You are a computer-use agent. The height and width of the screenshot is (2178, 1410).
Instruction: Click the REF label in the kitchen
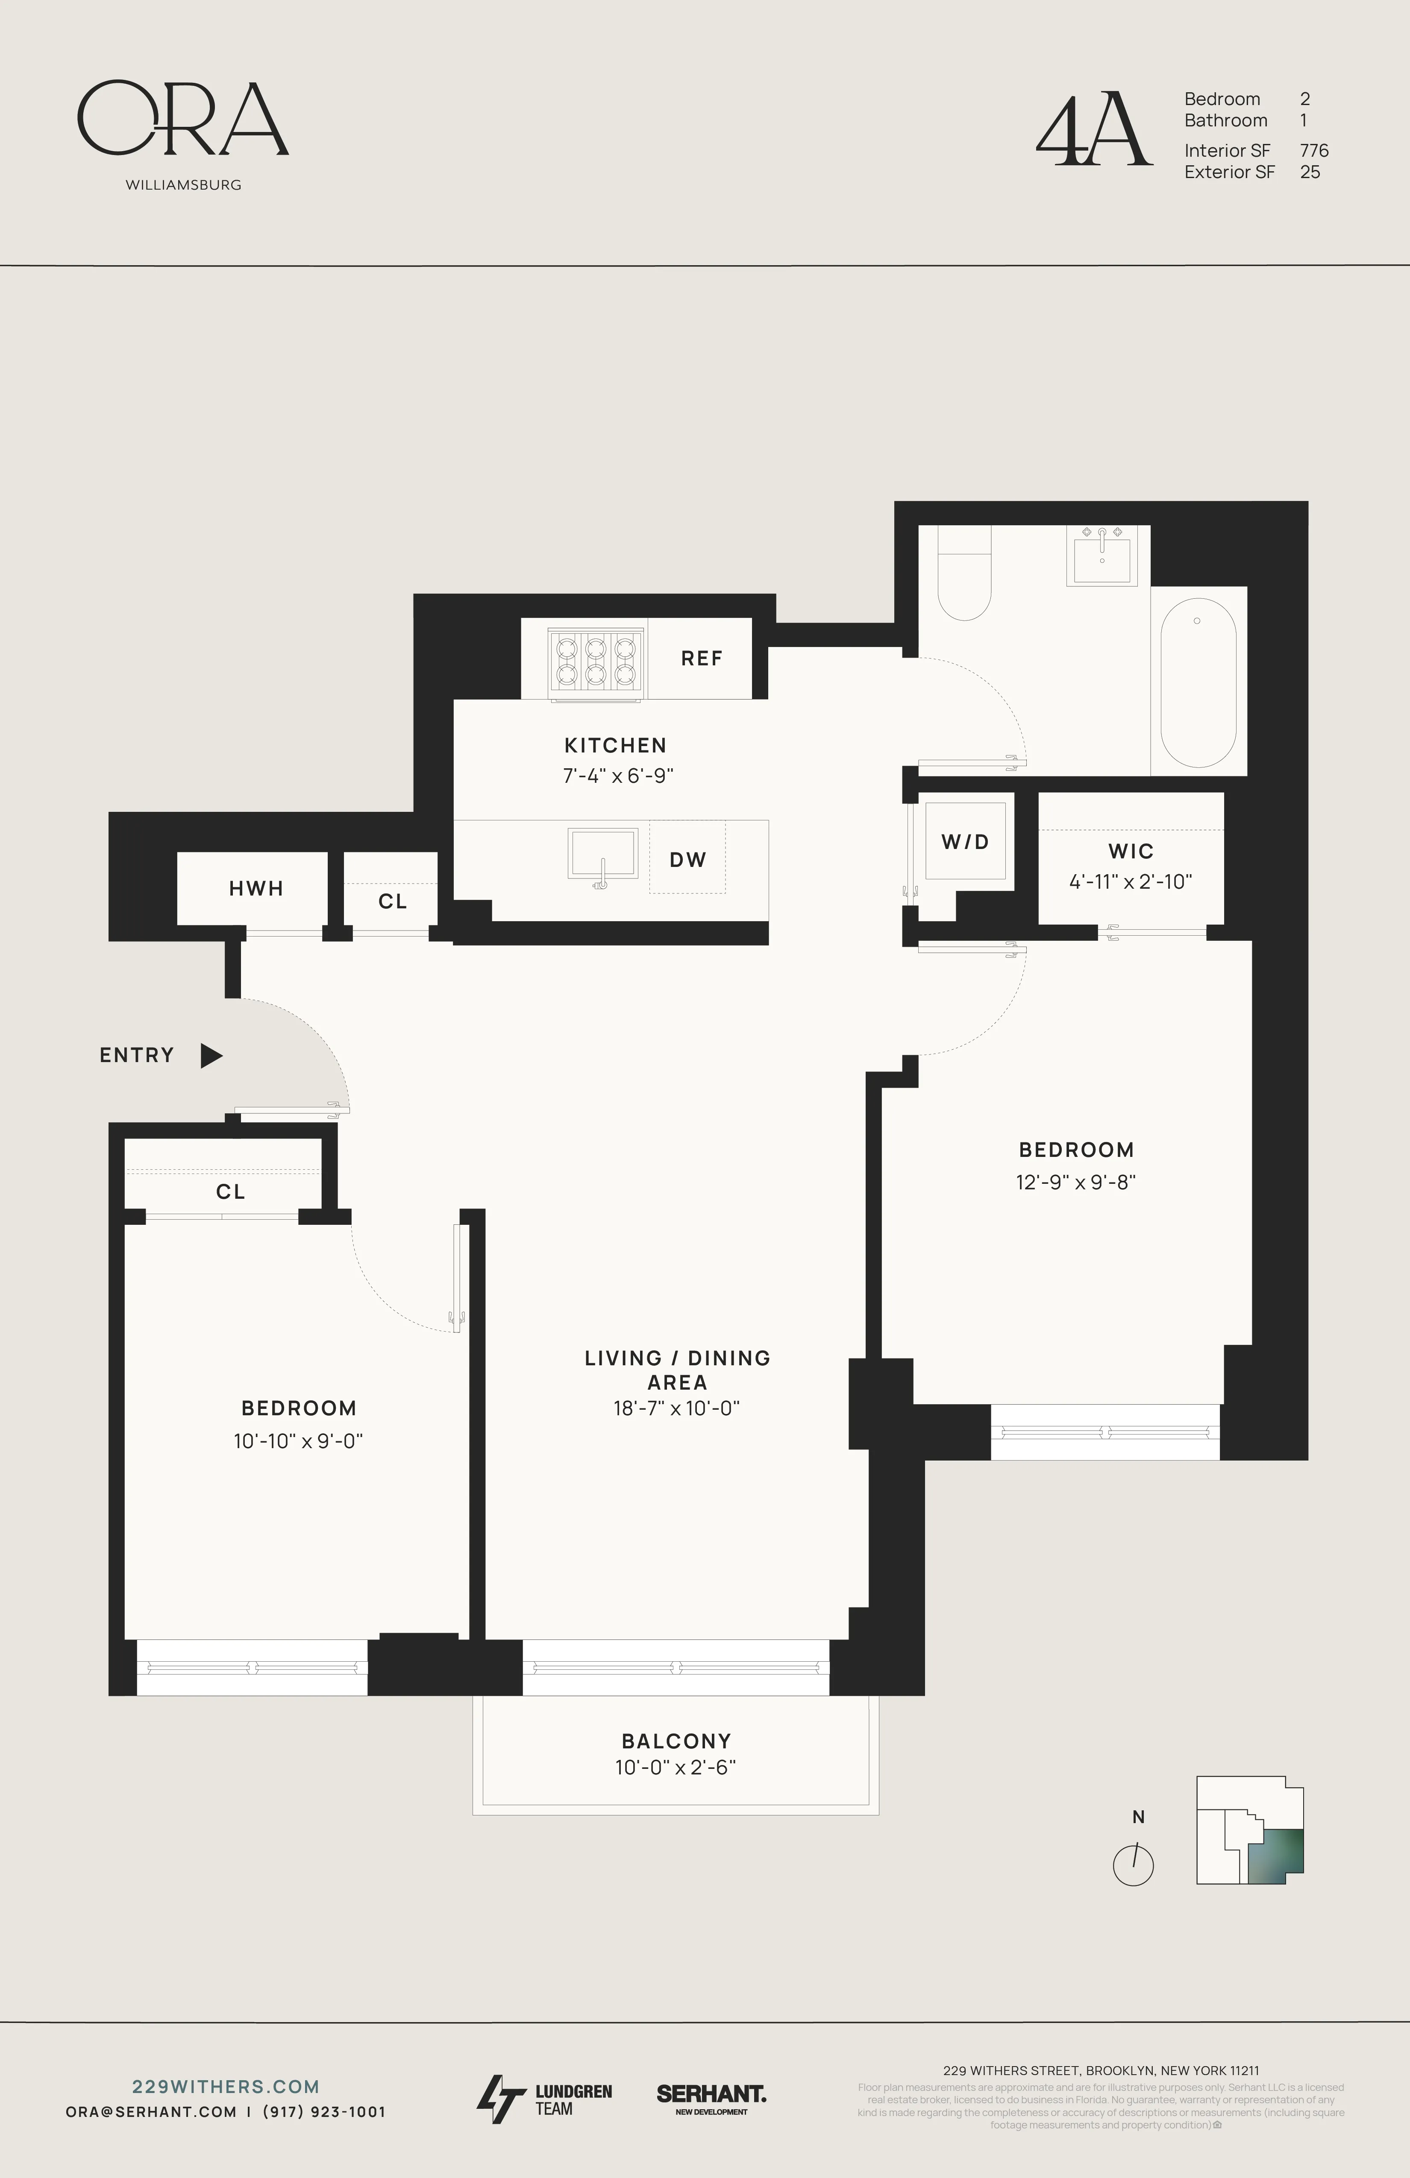pos(701,658)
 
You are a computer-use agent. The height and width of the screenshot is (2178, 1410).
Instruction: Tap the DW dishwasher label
pos(687,859)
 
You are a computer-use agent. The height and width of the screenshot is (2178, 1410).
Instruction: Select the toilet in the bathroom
pos(964,585)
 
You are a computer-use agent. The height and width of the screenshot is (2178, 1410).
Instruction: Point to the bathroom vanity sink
pos(1102,556)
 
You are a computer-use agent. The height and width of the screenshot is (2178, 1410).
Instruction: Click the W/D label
pos(965,841)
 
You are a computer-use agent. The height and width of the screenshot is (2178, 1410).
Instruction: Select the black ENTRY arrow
pos(211,1055)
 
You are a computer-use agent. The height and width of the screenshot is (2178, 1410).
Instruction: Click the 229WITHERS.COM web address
pos(225,2087)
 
